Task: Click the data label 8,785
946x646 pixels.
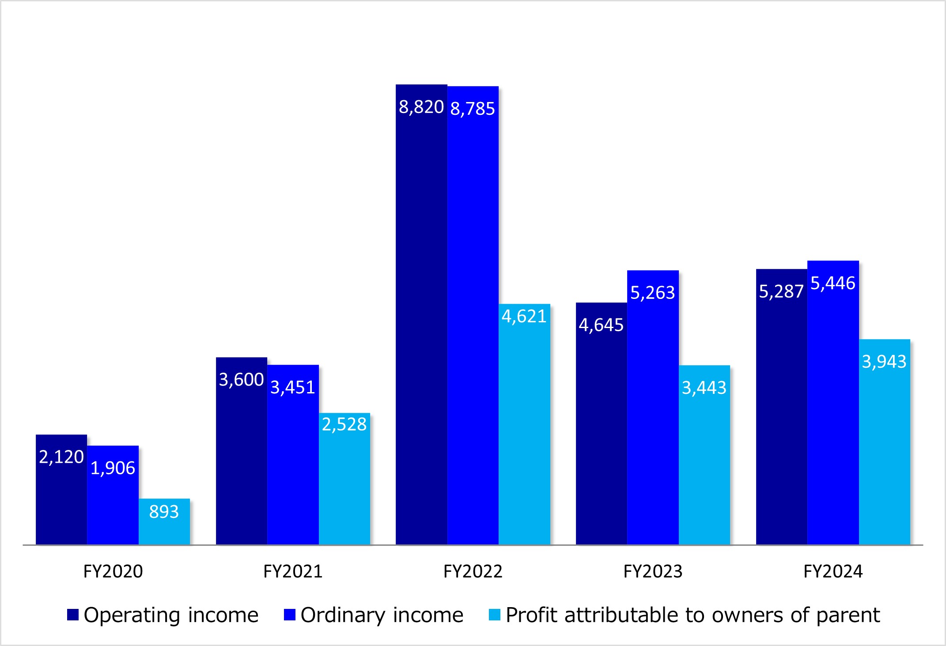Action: click(x=473, y=109)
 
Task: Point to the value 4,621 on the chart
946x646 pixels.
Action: click(x=524, y=317)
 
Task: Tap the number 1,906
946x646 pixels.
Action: click(x=113, y=468)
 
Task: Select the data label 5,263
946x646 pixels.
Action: click(x=652, y=293)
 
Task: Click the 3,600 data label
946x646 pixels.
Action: click(x=241, y=380)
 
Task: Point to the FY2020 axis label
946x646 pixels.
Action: click(x=113, y=572)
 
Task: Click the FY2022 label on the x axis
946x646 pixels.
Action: click(x=473, y=572)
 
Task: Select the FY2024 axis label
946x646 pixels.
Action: click(x=833, y=572)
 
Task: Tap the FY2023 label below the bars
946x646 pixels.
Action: click(x=653, y=572)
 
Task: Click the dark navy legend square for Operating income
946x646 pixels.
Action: click(x=73, y=615)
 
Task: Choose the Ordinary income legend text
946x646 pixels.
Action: click(x=382, y=615)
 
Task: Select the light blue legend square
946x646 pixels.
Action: click(x=495, y=615)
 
